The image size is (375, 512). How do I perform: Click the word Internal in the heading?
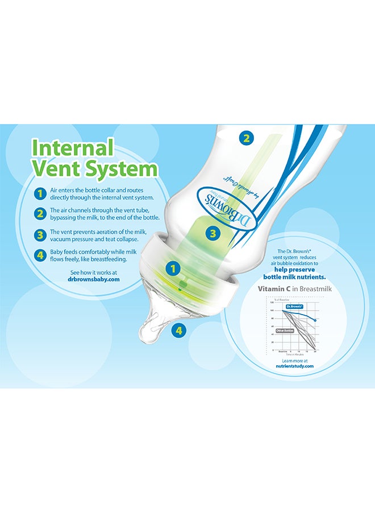[73, 147]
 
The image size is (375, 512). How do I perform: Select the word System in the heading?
[120, 169]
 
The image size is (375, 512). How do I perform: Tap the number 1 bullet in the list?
[40, 193]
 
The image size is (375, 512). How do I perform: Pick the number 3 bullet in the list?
[40, 235]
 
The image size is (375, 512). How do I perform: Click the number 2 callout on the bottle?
[245, 137]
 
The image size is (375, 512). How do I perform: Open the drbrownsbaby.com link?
[93, 279]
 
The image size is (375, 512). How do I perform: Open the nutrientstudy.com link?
[294, 366]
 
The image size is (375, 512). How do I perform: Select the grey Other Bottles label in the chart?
[285, 330]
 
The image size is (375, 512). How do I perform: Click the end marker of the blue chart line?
[315, 320]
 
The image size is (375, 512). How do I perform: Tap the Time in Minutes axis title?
[293, 354]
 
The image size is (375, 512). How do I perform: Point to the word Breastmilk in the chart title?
[312, 289]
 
